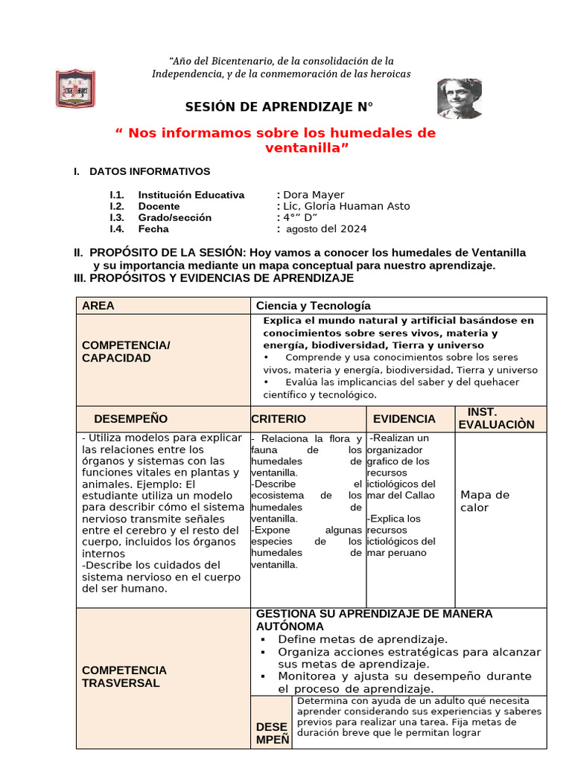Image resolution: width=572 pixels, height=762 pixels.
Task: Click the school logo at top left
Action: click(x=75, y=89)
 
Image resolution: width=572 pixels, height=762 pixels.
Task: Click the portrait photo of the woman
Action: click(x=460, y=98)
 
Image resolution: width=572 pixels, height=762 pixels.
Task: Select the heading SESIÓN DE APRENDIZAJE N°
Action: click(x=279, y=107)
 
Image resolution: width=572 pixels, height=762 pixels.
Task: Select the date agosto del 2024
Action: click(x=326, y=229)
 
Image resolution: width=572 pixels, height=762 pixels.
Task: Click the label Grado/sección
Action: click(x=174, y=217)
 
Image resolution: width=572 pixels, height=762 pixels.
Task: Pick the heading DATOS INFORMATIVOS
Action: click(x=150, y=171)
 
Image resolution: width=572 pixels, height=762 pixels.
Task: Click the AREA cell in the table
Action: click(x=98, y=306)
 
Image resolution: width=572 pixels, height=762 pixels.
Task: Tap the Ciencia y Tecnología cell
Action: click(x=313, y=306)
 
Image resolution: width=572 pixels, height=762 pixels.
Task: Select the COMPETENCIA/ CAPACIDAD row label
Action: click(x=127, y=352)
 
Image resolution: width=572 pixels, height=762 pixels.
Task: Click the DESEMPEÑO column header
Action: click(x=131, y=419)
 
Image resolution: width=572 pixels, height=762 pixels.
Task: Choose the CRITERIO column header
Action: click(x=279, y=419)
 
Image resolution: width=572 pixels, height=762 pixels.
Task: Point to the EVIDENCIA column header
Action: click(x=404, y=419)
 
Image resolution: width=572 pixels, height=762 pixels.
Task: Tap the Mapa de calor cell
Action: click(x=485, y=501)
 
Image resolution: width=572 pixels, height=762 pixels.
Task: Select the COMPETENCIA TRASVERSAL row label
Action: click(x=124, y=676)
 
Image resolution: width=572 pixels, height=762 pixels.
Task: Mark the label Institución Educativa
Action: click(x=191, y=195)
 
